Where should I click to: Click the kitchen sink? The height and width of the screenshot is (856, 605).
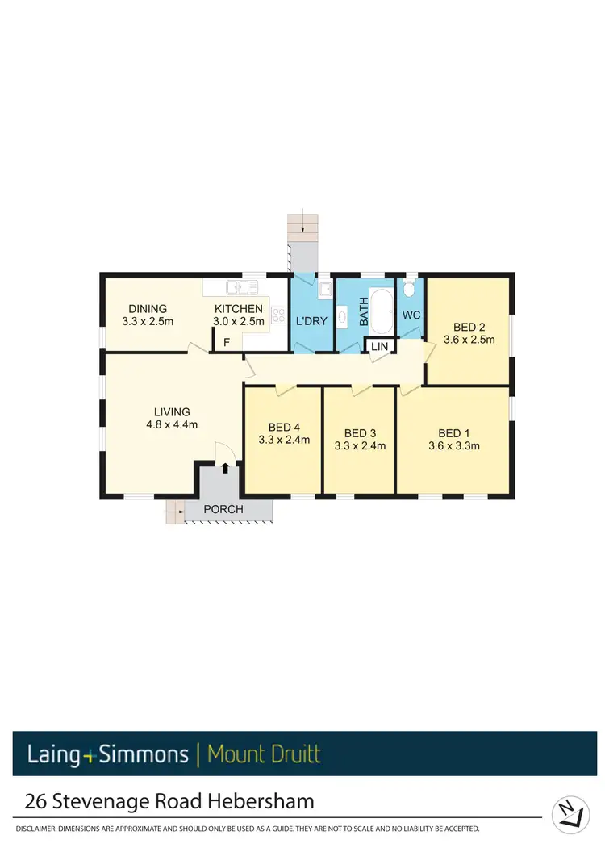tap(241, 286)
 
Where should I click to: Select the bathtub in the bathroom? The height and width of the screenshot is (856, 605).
tap(381, 311)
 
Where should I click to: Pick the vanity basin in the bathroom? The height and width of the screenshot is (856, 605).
tap(342, 316)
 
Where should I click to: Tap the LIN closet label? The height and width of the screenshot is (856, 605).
tap(379, 346)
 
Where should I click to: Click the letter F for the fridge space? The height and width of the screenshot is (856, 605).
tap(227, 343)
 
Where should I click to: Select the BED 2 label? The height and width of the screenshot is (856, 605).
tap(469, 327)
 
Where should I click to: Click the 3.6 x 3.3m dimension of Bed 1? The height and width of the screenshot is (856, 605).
tap(454, 445)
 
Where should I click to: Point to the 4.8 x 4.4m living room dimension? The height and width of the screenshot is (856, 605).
tap(169, 424)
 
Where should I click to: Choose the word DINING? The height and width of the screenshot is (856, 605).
tap(147, 308)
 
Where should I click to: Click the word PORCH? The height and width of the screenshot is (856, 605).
tap(223, 509)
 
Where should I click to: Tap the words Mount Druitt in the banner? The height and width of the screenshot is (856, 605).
tap(264, 755)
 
